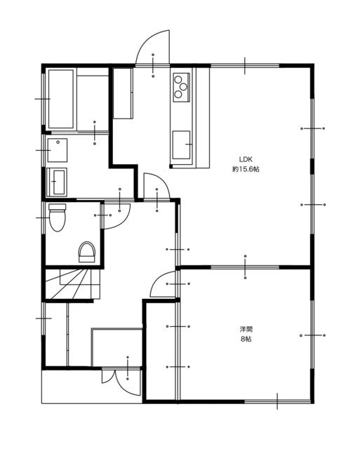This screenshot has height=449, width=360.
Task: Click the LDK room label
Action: [x=246, y=159]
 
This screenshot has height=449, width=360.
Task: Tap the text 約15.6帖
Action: [x=246, y=169]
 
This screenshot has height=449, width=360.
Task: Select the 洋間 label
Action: [x=246, y=329]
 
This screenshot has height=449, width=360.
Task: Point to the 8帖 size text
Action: [x=246, y=339]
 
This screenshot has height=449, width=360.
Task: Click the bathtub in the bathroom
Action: [x=61, y=99]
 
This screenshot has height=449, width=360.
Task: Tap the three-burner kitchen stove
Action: [x=181, y=87]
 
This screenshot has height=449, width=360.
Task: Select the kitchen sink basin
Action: [x=181, y=145]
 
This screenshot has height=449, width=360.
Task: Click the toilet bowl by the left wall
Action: [x=58, y=217]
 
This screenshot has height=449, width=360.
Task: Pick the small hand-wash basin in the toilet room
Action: [x=87, y=252]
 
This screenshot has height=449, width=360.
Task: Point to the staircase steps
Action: [x=72, y=283]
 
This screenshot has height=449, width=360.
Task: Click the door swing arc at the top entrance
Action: [x=152, y=47]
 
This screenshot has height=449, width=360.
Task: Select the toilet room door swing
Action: [x=116, y=216]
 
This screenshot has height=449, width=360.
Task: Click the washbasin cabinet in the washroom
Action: [x=57, y=182]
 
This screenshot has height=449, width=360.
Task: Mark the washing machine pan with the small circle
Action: [x=58, y=150]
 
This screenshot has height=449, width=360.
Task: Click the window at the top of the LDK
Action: [x=245, y=66]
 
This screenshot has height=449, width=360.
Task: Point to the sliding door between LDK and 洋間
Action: [x=245, y=267]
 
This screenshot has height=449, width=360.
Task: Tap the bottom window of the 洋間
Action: [x=277, y=401]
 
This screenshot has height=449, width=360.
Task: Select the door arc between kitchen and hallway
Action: [x=156, y=185]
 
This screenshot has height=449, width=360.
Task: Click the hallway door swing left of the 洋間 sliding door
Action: [x=163, y=283]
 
